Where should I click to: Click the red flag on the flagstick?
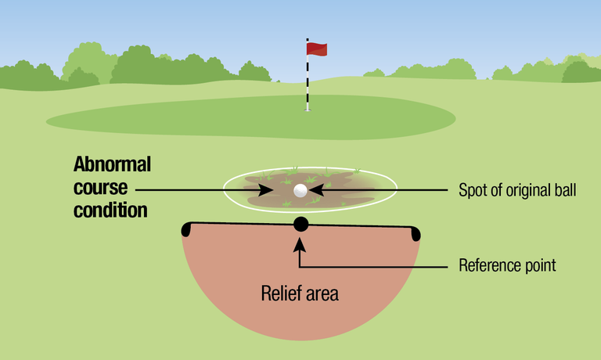coord(317,49)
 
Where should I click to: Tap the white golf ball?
coord(300,190)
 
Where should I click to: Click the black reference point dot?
coord(300,225)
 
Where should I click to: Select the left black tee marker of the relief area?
coord(186,229)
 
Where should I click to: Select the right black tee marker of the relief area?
coord(415,233)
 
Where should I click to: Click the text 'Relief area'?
coord(300,295)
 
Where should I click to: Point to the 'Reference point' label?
coord(507,266)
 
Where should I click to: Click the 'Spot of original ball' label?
coord(516,190)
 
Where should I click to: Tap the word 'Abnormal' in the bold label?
coord(112,165)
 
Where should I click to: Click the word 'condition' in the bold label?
coord(110,211)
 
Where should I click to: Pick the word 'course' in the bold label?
coord(99,189)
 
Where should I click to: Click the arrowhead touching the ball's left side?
coord(286,190)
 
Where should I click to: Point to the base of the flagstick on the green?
coord(308,110)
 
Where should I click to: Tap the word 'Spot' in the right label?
coord(471,190)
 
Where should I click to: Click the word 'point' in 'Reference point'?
coord(539,266)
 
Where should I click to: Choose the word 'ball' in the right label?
coord(566,190)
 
